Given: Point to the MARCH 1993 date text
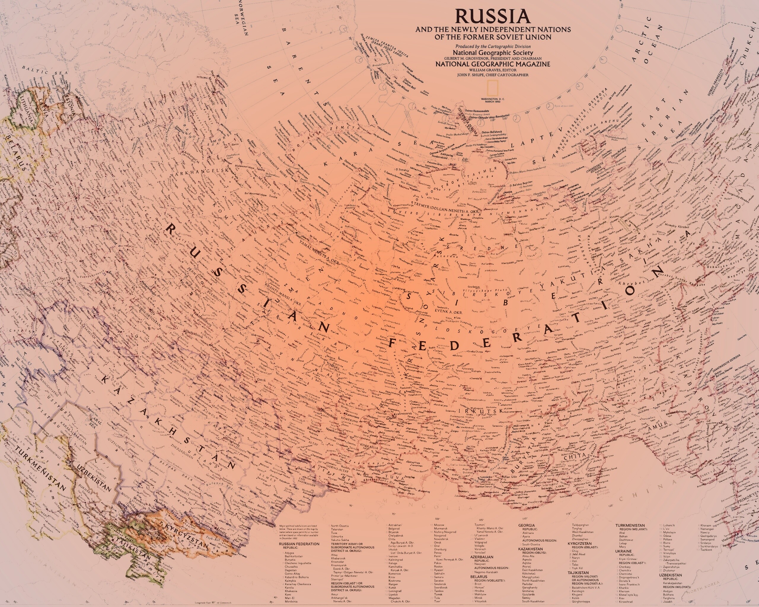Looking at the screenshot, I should click(492, 102).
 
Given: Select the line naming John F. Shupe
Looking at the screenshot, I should click(492, 75).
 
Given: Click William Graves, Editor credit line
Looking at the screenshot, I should click(492, 70).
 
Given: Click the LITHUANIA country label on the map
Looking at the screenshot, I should click(26, 109).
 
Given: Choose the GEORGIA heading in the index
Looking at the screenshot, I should click(526, 525).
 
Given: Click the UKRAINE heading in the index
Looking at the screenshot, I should click(624, 551).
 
